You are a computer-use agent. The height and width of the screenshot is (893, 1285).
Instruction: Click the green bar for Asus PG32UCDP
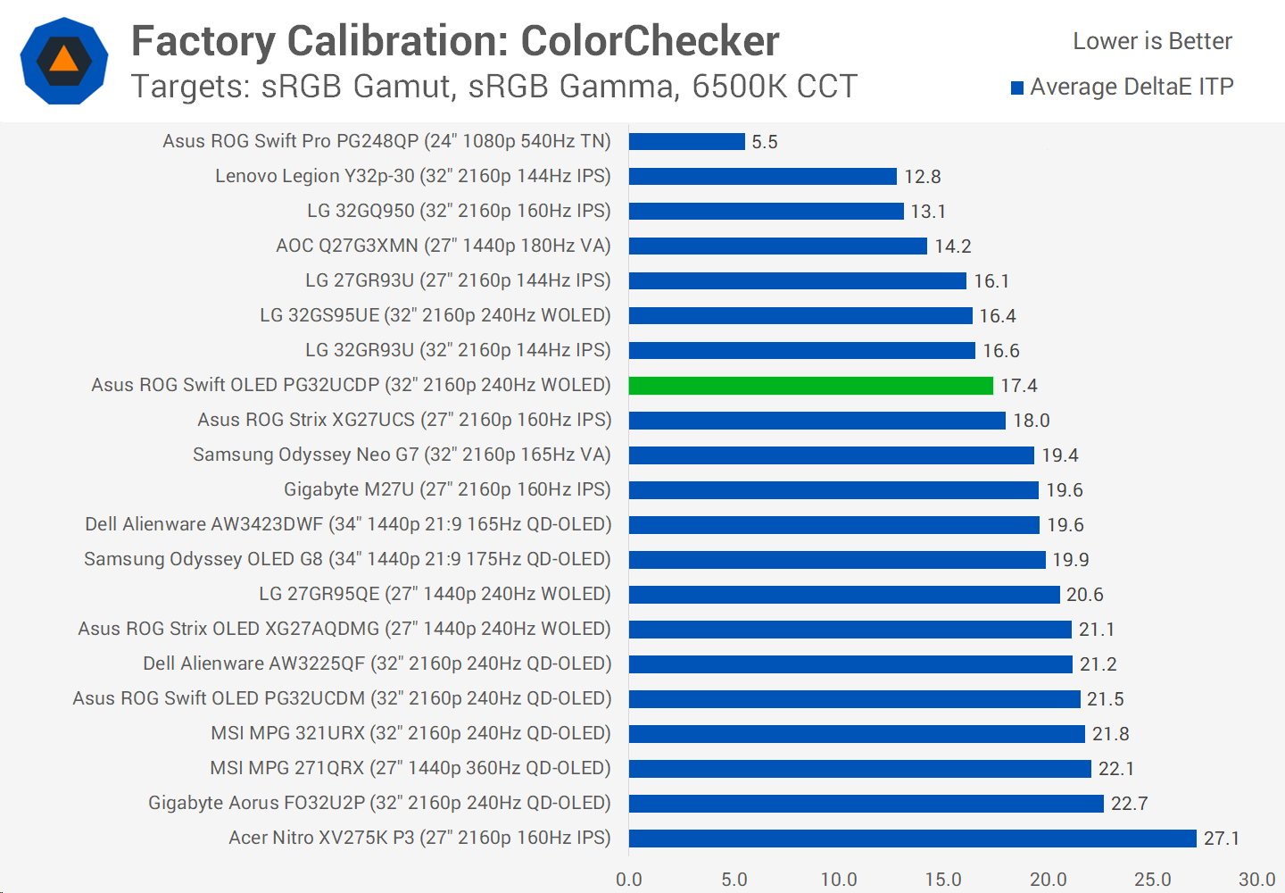coord(810,386)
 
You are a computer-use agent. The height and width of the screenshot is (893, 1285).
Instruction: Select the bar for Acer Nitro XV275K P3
coord(912,839)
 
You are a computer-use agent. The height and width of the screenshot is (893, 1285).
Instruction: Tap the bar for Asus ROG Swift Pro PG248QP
coord(686,142)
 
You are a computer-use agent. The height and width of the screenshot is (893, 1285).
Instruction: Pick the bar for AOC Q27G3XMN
coord(777,246)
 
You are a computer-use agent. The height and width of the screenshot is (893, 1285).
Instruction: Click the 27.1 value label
coord(1221,839)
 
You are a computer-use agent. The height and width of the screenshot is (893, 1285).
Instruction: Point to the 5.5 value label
coord(764,142)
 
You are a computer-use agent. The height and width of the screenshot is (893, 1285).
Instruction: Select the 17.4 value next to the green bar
coord(1018,386)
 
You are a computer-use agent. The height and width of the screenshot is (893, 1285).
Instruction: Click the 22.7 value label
coord(1129,804)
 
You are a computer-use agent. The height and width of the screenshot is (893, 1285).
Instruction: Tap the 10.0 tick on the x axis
coord(838,880)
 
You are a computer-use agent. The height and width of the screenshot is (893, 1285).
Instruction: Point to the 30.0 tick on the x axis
coord(1256,880)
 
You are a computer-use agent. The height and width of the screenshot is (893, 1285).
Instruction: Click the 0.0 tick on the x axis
coord(629,880)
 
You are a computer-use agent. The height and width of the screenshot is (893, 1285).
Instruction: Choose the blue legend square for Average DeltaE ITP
coord(1016,88)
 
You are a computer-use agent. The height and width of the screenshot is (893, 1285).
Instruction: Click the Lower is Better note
coord(1152,41)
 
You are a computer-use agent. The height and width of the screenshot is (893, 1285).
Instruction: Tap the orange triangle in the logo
coord(64,60)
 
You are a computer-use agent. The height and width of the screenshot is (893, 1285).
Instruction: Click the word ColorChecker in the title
coord(650,41)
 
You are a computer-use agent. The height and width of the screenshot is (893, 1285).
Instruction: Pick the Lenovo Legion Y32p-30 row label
coord(412,176)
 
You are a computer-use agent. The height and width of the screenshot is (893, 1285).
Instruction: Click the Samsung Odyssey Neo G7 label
coord(402,455)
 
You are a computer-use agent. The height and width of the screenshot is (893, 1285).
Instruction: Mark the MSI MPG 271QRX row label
coord(410,768)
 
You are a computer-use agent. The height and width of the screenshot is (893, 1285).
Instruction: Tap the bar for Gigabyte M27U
coord(833,490)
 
